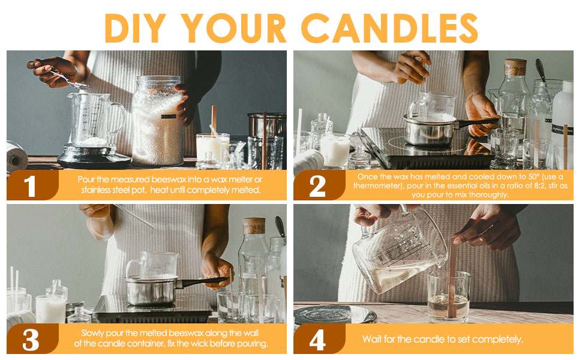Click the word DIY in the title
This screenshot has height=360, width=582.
[x=135, y=28]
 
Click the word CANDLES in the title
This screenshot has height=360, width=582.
[x=389, y=28]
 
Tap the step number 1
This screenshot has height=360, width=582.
[x=29, y=186]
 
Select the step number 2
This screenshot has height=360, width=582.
[x=317, y=186]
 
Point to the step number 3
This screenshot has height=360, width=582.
[x=31, y=340]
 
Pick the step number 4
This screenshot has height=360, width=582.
[x=318, y=340]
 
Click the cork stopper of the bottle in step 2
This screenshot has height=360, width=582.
[x=515, y=67]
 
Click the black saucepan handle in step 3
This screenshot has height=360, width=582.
[x=202, y=282]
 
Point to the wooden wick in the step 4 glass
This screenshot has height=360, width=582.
[x=452, y=278]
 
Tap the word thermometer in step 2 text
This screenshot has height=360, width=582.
[x=378, y=185]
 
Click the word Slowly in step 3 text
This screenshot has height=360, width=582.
[x=92, y=333]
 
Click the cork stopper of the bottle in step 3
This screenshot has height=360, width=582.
[x=254, y=226]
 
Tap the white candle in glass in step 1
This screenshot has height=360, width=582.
[x=212, y=148]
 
